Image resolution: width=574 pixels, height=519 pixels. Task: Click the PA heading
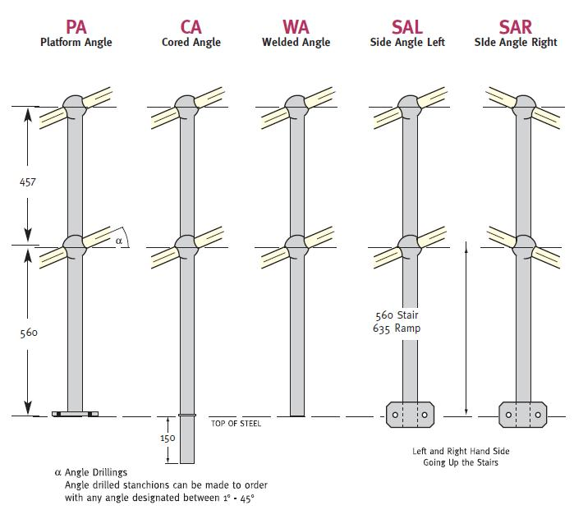[x=76, y=26]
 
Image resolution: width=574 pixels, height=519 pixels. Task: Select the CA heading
[x=191, y=26]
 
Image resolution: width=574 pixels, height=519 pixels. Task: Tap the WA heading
[x=296, y=26]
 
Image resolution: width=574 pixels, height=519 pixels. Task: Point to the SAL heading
[x=407, y=26]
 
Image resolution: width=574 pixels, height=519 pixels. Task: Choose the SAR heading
[x=516, y=26]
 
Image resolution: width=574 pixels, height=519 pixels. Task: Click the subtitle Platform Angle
[x=76, y=43]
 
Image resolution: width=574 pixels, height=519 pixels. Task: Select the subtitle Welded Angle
[x=296, y=43]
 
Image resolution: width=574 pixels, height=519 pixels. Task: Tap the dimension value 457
[x=28, y=182]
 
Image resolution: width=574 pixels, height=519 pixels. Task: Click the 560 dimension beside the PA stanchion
[x=28, y=333]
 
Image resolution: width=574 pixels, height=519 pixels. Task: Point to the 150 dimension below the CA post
[x=167, y=439]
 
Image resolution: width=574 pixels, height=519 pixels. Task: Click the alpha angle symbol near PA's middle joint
[x=119, y=241]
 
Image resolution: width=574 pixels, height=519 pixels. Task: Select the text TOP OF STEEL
[x=236, y=424]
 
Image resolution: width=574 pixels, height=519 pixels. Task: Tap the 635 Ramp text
[x=397, y=328]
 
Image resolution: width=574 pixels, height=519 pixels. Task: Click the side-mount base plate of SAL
[x=410, y=416]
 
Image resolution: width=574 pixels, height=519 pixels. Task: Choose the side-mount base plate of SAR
[x=523, y=416]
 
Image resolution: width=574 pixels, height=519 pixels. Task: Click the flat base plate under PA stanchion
[x=75, y=415]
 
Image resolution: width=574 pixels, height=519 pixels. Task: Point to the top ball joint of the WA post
[x=296, y=106]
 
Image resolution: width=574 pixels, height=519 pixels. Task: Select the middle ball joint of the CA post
[x=187, y=245]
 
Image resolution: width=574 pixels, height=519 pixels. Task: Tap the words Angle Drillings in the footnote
[x=96, y=472]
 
